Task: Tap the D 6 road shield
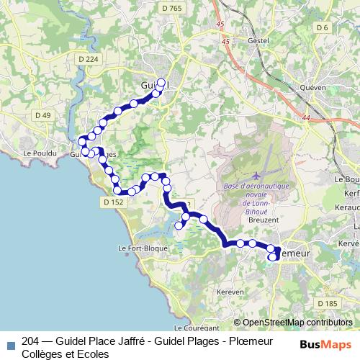pos(322,27)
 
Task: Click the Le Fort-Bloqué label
pos(142,248)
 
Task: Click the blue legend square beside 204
pos(9,343)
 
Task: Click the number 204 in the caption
pos(32,343)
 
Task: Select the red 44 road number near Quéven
pos(307,117)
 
